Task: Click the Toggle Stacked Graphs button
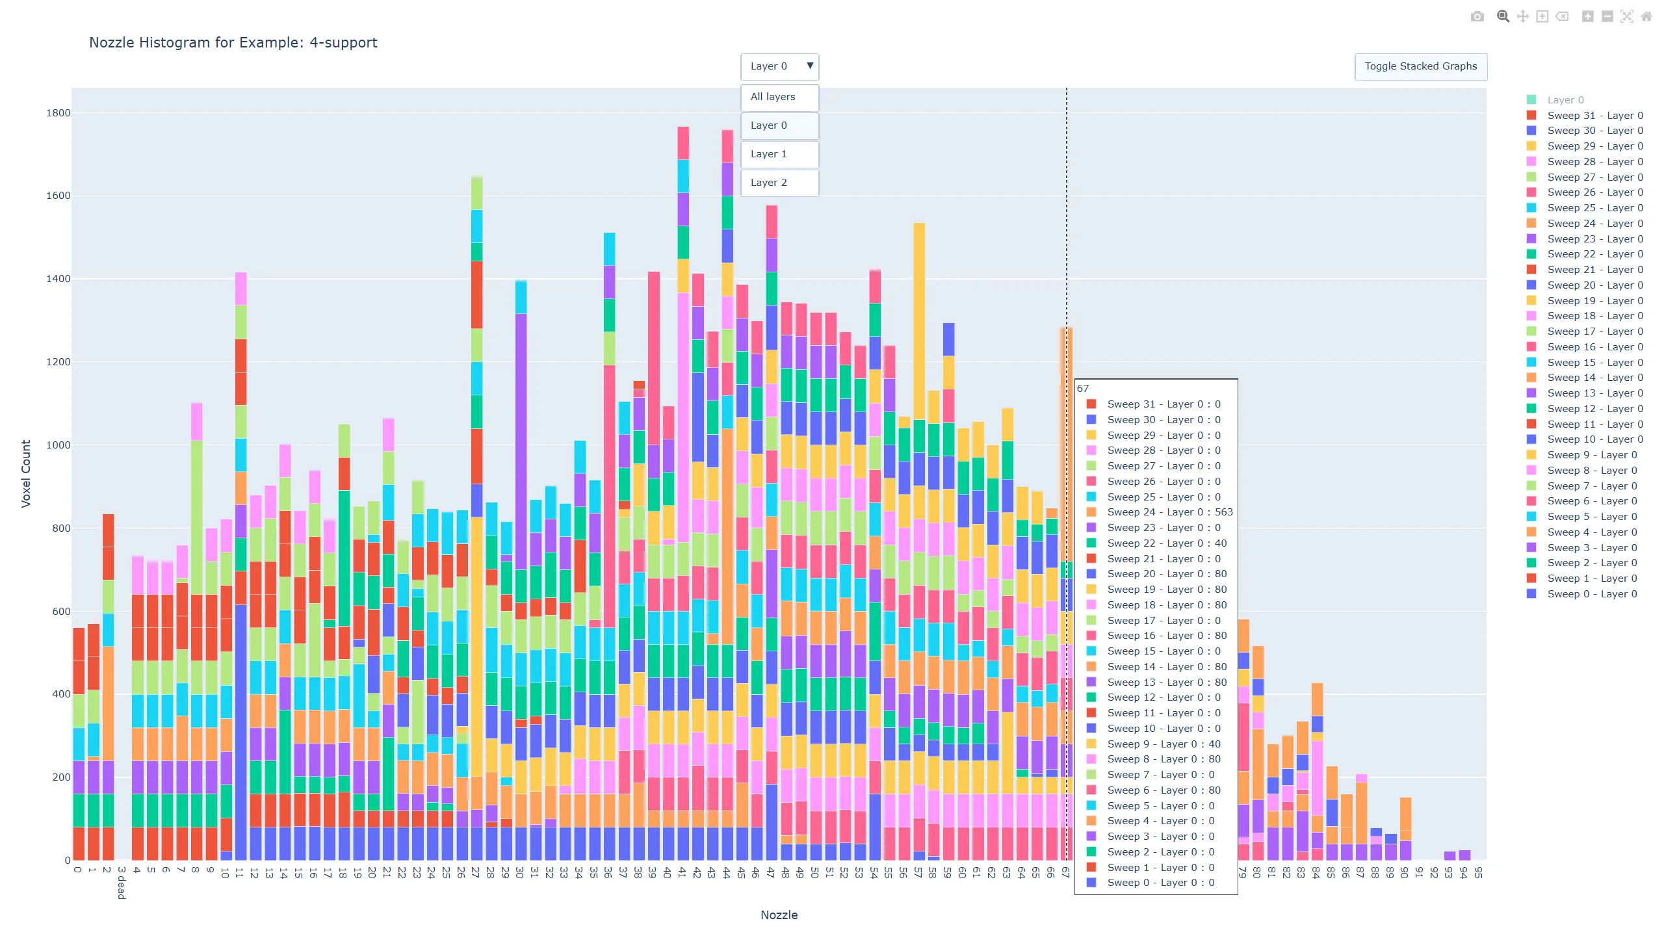tap(1420, 66)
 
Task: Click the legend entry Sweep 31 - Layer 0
tap(1594, 116)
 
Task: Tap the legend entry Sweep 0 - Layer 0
tap(1591, 594)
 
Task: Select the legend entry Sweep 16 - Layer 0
tap(1594, 347)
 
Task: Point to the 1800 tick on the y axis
tap(58, 113)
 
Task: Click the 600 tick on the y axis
tap(60, 612)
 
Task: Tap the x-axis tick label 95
tap(1478, 872)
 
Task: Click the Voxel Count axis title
tap(26, 474)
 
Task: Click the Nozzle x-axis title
tap(779, 915)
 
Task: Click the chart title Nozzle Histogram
tap(233, 43)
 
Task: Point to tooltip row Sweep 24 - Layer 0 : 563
tap(1169, 512)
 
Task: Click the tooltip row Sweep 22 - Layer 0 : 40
tap(1166, 543)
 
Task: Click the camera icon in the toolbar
tap(1477, 17)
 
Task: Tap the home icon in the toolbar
tap(1646, 17)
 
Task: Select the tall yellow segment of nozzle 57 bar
tap(919, 318)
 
